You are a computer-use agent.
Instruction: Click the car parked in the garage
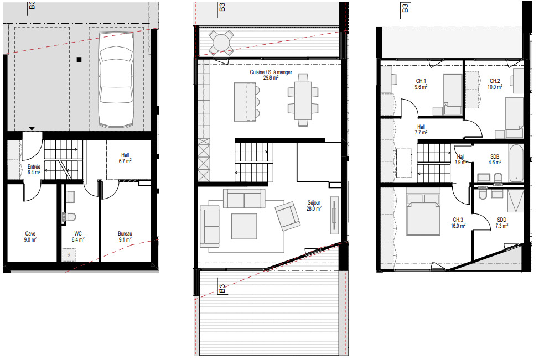(x=116, y=86)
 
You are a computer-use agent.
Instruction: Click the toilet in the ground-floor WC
(x=70, y=217)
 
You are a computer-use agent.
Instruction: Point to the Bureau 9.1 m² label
(x=124, y=236)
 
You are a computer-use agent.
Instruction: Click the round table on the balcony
(x=221, y=42)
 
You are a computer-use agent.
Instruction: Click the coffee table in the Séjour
(x=244, y=226)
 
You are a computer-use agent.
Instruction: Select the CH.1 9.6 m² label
(x=422, y=84)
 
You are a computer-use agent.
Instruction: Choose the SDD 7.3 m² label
(x=501, y=223)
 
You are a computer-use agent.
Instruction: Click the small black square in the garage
(x=80, y=59)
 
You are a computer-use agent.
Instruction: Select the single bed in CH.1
(x=452, y=93)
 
